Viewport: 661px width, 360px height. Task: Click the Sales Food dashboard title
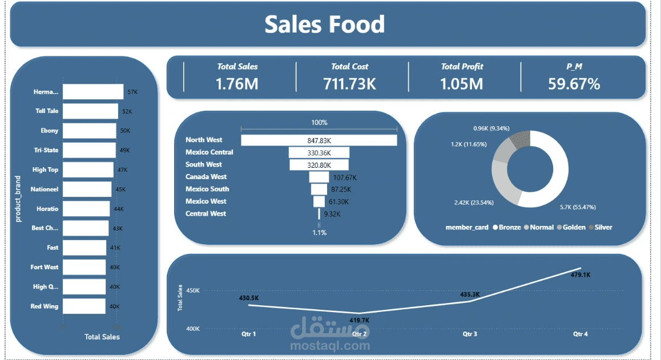point(324,25)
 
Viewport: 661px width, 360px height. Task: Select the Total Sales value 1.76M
point(237,84)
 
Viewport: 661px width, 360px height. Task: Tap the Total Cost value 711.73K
point(349,84)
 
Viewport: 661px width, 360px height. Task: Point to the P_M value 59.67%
point(574,84)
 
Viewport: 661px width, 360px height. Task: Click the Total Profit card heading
point(462,67)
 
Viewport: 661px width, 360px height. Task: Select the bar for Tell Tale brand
point(90,111)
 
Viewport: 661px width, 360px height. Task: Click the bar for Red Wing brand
point(84,306)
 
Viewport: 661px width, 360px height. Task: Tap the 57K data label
point(132,92)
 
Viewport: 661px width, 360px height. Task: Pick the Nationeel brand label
point(45,189)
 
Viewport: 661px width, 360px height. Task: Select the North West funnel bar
point(319,140)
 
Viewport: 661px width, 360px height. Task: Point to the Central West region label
point(205,214)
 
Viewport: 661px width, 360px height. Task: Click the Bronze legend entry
point(507,227)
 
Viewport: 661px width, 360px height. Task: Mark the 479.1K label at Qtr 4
point(581,275)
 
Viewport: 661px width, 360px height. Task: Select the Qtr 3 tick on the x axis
point(470,334)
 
